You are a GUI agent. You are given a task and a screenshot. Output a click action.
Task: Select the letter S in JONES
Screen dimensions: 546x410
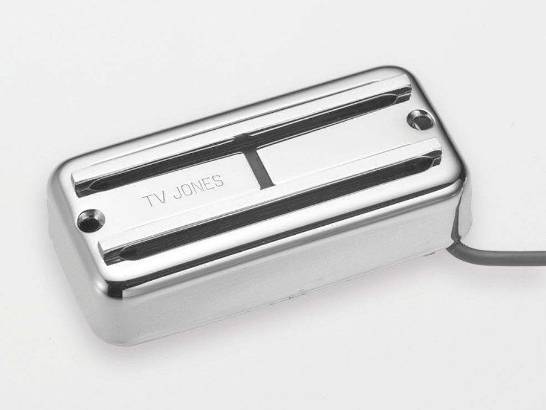219,181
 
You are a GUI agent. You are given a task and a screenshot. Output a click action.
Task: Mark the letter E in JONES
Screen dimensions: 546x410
209,184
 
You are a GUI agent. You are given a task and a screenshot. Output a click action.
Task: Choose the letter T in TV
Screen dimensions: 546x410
148,201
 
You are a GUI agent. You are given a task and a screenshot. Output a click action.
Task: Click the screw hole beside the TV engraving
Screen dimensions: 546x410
91,219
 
